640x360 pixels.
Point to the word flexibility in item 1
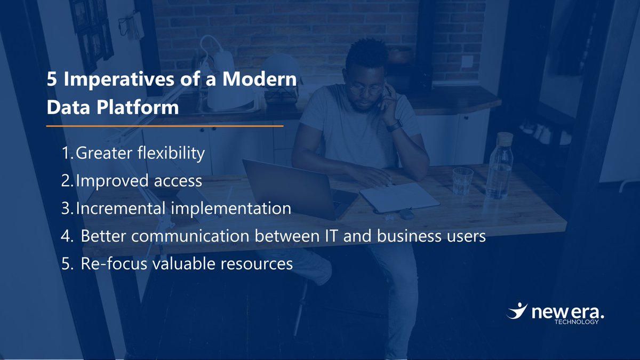pyautogui.click(x=170, y=154)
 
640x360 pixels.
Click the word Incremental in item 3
pyautogui.click(x=122, y=208)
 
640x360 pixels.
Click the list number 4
pyautogui.click(x=66, y=236)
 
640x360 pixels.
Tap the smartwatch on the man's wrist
pyautogui.click(x=394, y=126)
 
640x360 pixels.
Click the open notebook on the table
pyautogui.click(x=399, y=197)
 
